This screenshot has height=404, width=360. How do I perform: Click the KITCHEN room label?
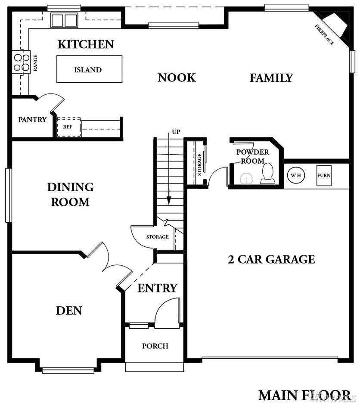(86, 44)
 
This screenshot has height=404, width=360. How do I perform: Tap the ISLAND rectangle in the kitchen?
(89, 69)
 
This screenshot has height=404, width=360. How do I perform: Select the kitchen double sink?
(64, 20)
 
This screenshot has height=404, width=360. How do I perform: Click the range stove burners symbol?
(22, 62)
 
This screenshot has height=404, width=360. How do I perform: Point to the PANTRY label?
(32, 120)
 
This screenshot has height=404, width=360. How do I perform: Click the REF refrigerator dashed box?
(69, 127)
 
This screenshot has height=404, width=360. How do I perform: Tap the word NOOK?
(177, 78)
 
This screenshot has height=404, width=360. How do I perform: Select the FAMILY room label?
(271, 78)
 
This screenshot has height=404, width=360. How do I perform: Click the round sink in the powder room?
(246, 179)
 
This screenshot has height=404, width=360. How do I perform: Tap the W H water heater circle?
(296, 175)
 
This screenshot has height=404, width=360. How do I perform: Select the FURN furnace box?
(324, 175)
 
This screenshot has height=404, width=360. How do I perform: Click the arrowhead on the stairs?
(169, 200)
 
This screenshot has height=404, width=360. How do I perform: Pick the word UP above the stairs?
(176, 132)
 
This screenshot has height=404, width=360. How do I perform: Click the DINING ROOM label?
(70, 195)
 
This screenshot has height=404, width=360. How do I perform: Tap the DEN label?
(69, 311)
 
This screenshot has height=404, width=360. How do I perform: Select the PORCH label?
(155, 346)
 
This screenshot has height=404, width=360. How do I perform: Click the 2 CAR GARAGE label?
(271, 259)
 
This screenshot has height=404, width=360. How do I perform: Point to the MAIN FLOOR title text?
(304, 395)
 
